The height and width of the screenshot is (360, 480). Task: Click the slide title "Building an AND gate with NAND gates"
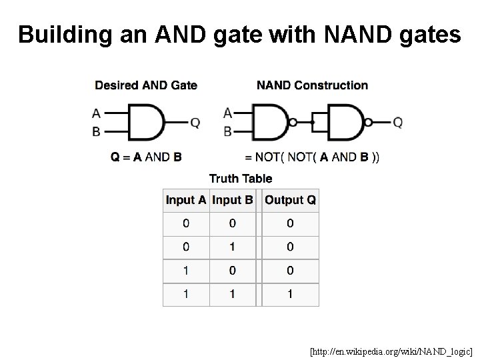[239, 34]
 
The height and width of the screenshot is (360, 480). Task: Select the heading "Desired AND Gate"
[146, 85]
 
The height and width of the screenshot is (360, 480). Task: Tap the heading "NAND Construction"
[312, 85]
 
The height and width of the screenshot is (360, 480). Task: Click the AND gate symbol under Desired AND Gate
[145, 123]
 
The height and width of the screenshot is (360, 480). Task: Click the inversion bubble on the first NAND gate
[293, 123]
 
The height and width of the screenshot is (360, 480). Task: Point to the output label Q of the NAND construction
[397, 123]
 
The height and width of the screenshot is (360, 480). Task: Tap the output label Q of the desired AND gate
[195, 123]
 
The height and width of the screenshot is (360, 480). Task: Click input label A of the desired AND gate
[97, 114]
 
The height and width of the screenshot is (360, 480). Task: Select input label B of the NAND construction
[228, 132]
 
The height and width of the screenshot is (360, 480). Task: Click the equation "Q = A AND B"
[146, 157]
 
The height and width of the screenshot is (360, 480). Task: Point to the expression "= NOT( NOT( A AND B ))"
[313, 157]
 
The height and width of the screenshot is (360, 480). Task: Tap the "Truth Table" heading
[241, 178]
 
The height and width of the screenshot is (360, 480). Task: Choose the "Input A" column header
[186, 200]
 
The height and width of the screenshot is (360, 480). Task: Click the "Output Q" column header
[290, 200]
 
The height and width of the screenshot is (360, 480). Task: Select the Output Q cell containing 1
[290, 294]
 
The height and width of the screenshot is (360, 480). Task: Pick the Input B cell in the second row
[232, 247]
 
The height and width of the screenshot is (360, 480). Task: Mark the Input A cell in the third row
[186, 271]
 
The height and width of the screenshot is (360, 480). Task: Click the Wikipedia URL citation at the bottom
[391, 350]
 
